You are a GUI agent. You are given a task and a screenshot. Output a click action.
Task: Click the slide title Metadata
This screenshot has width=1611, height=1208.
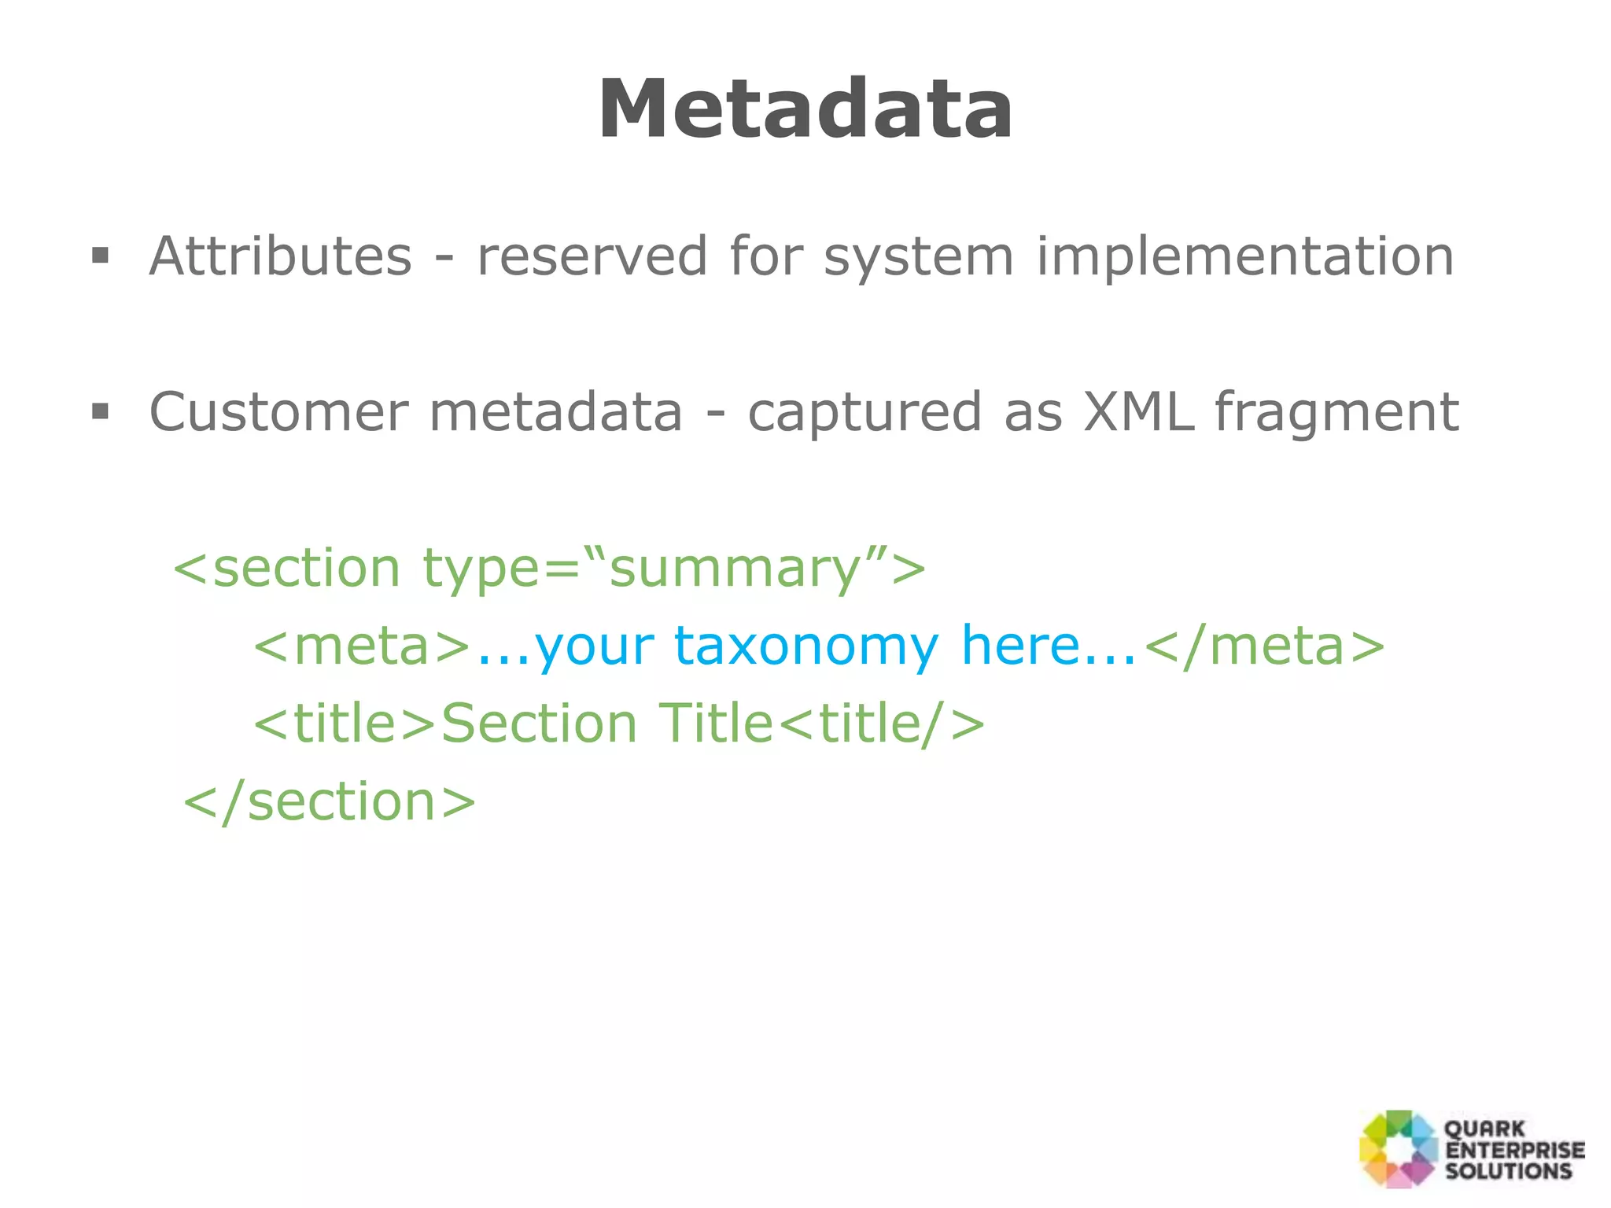coord(805,110)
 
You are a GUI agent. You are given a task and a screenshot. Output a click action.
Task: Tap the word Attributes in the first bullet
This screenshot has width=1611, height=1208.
coord(280,256)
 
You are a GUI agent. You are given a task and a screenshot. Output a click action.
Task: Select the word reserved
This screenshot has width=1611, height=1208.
coord(592,256)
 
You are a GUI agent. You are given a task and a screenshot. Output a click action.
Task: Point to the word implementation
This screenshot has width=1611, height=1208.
coord(1244,256)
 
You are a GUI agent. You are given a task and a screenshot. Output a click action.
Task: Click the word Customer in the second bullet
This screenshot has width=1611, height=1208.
coord(278,412)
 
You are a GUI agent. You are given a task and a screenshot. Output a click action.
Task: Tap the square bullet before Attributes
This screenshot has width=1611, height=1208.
coord(100,256)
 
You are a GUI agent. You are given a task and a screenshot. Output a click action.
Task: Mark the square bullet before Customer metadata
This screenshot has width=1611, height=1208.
coord(100,411)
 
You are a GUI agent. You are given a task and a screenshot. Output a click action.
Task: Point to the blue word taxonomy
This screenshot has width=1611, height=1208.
coord(805,646)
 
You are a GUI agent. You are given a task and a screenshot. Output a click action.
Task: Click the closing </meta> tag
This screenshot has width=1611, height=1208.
coord(1263,646)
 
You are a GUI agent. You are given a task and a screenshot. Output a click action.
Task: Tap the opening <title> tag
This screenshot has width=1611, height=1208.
coord(345,724)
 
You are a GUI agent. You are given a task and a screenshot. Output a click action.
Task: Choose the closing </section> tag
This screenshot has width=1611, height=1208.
coord(330,802)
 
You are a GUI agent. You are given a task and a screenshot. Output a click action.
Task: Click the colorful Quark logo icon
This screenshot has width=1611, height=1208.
coord(1399,1149)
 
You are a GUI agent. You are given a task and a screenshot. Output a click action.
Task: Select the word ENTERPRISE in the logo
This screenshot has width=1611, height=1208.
coord(1515,1150)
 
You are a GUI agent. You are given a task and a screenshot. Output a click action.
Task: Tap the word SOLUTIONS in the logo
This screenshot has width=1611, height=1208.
coord(1508,1171)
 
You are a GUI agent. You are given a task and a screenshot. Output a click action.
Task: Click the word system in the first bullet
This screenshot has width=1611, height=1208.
coord(918,258)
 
